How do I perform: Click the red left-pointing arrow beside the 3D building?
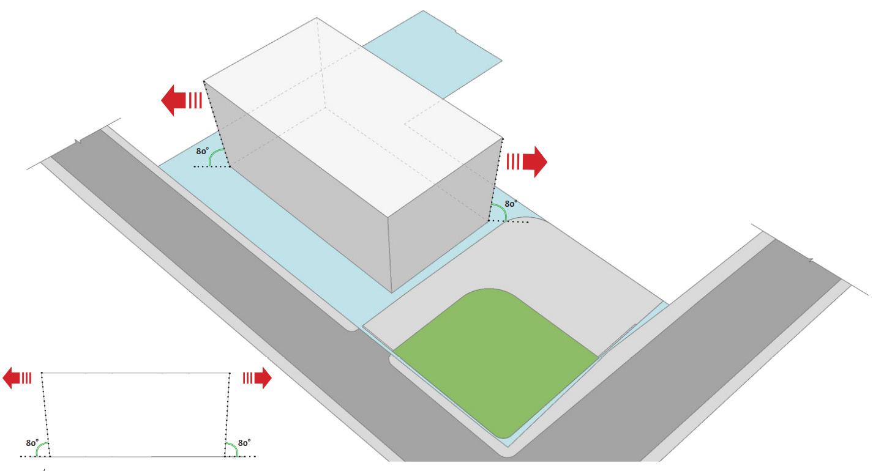pyautogui.click(x=181, y=100)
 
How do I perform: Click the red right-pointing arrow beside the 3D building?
pyautogui.click(x=527, y=161)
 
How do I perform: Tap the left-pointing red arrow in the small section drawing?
pyautogui.click(x=17, y=377)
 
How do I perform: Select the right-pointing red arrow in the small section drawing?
pyautogui.click(x=257, y=377)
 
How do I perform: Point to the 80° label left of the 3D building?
pyautogui.click(x=202, y=151)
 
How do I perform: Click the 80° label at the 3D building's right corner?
pyautogui.click(x=511, y=204)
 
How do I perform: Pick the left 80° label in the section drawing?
pyautogui.click(x=32, y=443)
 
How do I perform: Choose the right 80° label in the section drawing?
pyautogui.click(x=244, y=443)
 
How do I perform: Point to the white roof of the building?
pyautogui.click(x=353, y=117)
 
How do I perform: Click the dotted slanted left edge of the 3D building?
pyautogui.click(x=217, y=124)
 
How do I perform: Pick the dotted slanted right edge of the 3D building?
pyautogui.click(x=495, y=179)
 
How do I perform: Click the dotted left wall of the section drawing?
pyautogui.click(x=45, y=415)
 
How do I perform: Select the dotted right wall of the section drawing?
pyautogui.click(x=227, y=415)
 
